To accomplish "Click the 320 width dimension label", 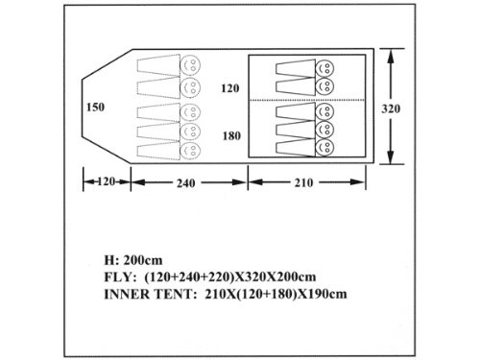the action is [391, 108].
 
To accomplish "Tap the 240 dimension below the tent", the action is [186, 183].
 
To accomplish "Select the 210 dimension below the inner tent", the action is [303, 182].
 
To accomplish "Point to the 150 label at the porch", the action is [95, 107].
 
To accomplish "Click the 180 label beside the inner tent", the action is [231, 136].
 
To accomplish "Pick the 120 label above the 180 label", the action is [230, 88].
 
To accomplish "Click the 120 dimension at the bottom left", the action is [106, 181].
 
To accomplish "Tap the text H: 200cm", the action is [133, 260].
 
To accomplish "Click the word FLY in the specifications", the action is [116, 276].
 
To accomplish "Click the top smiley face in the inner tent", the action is [324, 68].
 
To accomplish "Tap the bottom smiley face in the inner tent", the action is [324, 148].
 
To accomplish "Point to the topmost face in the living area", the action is [190, 65].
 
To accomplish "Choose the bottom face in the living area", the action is [190, 151].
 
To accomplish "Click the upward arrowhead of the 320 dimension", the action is [390, 56].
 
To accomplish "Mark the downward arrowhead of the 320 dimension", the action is [390, 156].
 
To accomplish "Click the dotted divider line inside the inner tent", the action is [307, 100].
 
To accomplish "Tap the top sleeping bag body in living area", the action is [158, 65].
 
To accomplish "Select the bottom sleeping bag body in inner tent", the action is [296, 148].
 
